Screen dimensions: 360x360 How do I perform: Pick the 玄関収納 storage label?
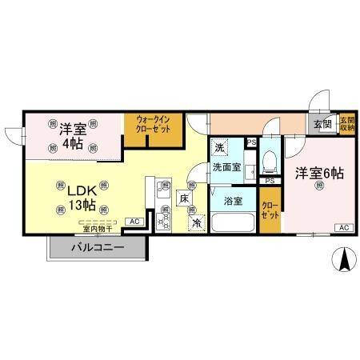[x=346, y=124]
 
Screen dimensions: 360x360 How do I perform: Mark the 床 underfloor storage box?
[x=184, y=198]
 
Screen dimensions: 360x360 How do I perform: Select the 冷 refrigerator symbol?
[x=196, y=223]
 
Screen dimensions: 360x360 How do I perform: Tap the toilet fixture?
[x=269, y=163]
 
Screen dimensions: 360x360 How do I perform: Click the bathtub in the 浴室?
[x=232, y=221]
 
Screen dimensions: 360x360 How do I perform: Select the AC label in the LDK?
[x=134, y=221]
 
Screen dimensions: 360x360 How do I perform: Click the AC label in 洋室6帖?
[x=343, y=228]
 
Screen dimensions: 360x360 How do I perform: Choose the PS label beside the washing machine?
[x=251, y=143]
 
